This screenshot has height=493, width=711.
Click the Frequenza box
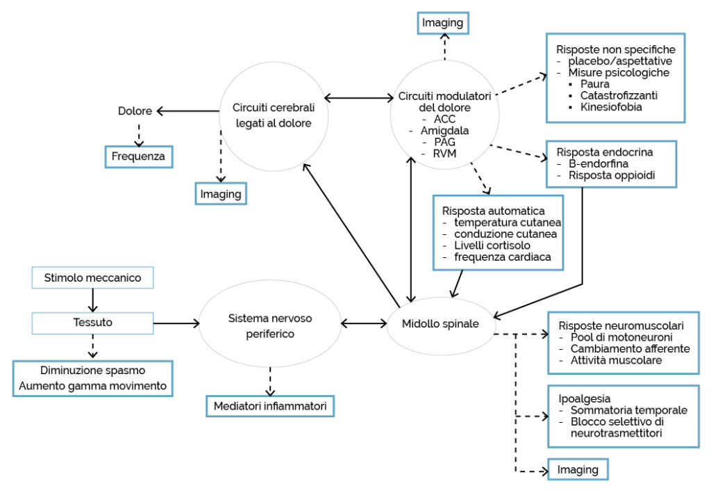[139, 156]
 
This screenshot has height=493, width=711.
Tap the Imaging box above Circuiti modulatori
[442, 23]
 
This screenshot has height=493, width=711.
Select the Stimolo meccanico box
[92, 278]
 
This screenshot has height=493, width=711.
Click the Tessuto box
[92, 323]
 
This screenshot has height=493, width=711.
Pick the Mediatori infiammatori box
[270, 406]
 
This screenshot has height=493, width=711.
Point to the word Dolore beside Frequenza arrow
[135, 111]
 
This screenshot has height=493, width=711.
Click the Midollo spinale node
[440, 323]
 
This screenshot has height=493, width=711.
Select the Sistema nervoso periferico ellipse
[270, 323]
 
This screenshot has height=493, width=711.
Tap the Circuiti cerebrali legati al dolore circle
[274, 116]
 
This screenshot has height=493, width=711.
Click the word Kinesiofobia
[611, 107]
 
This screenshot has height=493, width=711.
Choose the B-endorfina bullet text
[599, 164]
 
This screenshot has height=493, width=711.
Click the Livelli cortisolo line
[492, 245]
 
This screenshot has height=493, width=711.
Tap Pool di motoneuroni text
[621, 337]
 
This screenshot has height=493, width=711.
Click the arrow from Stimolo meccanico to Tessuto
[92, 300]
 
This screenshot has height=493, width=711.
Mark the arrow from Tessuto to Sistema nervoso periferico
[176, 323]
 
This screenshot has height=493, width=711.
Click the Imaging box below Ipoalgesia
[578, 470]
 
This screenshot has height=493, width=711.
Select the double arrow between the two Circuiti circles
[359, 97]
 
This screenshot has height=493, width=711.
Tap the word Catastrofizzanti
[619, 96]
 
